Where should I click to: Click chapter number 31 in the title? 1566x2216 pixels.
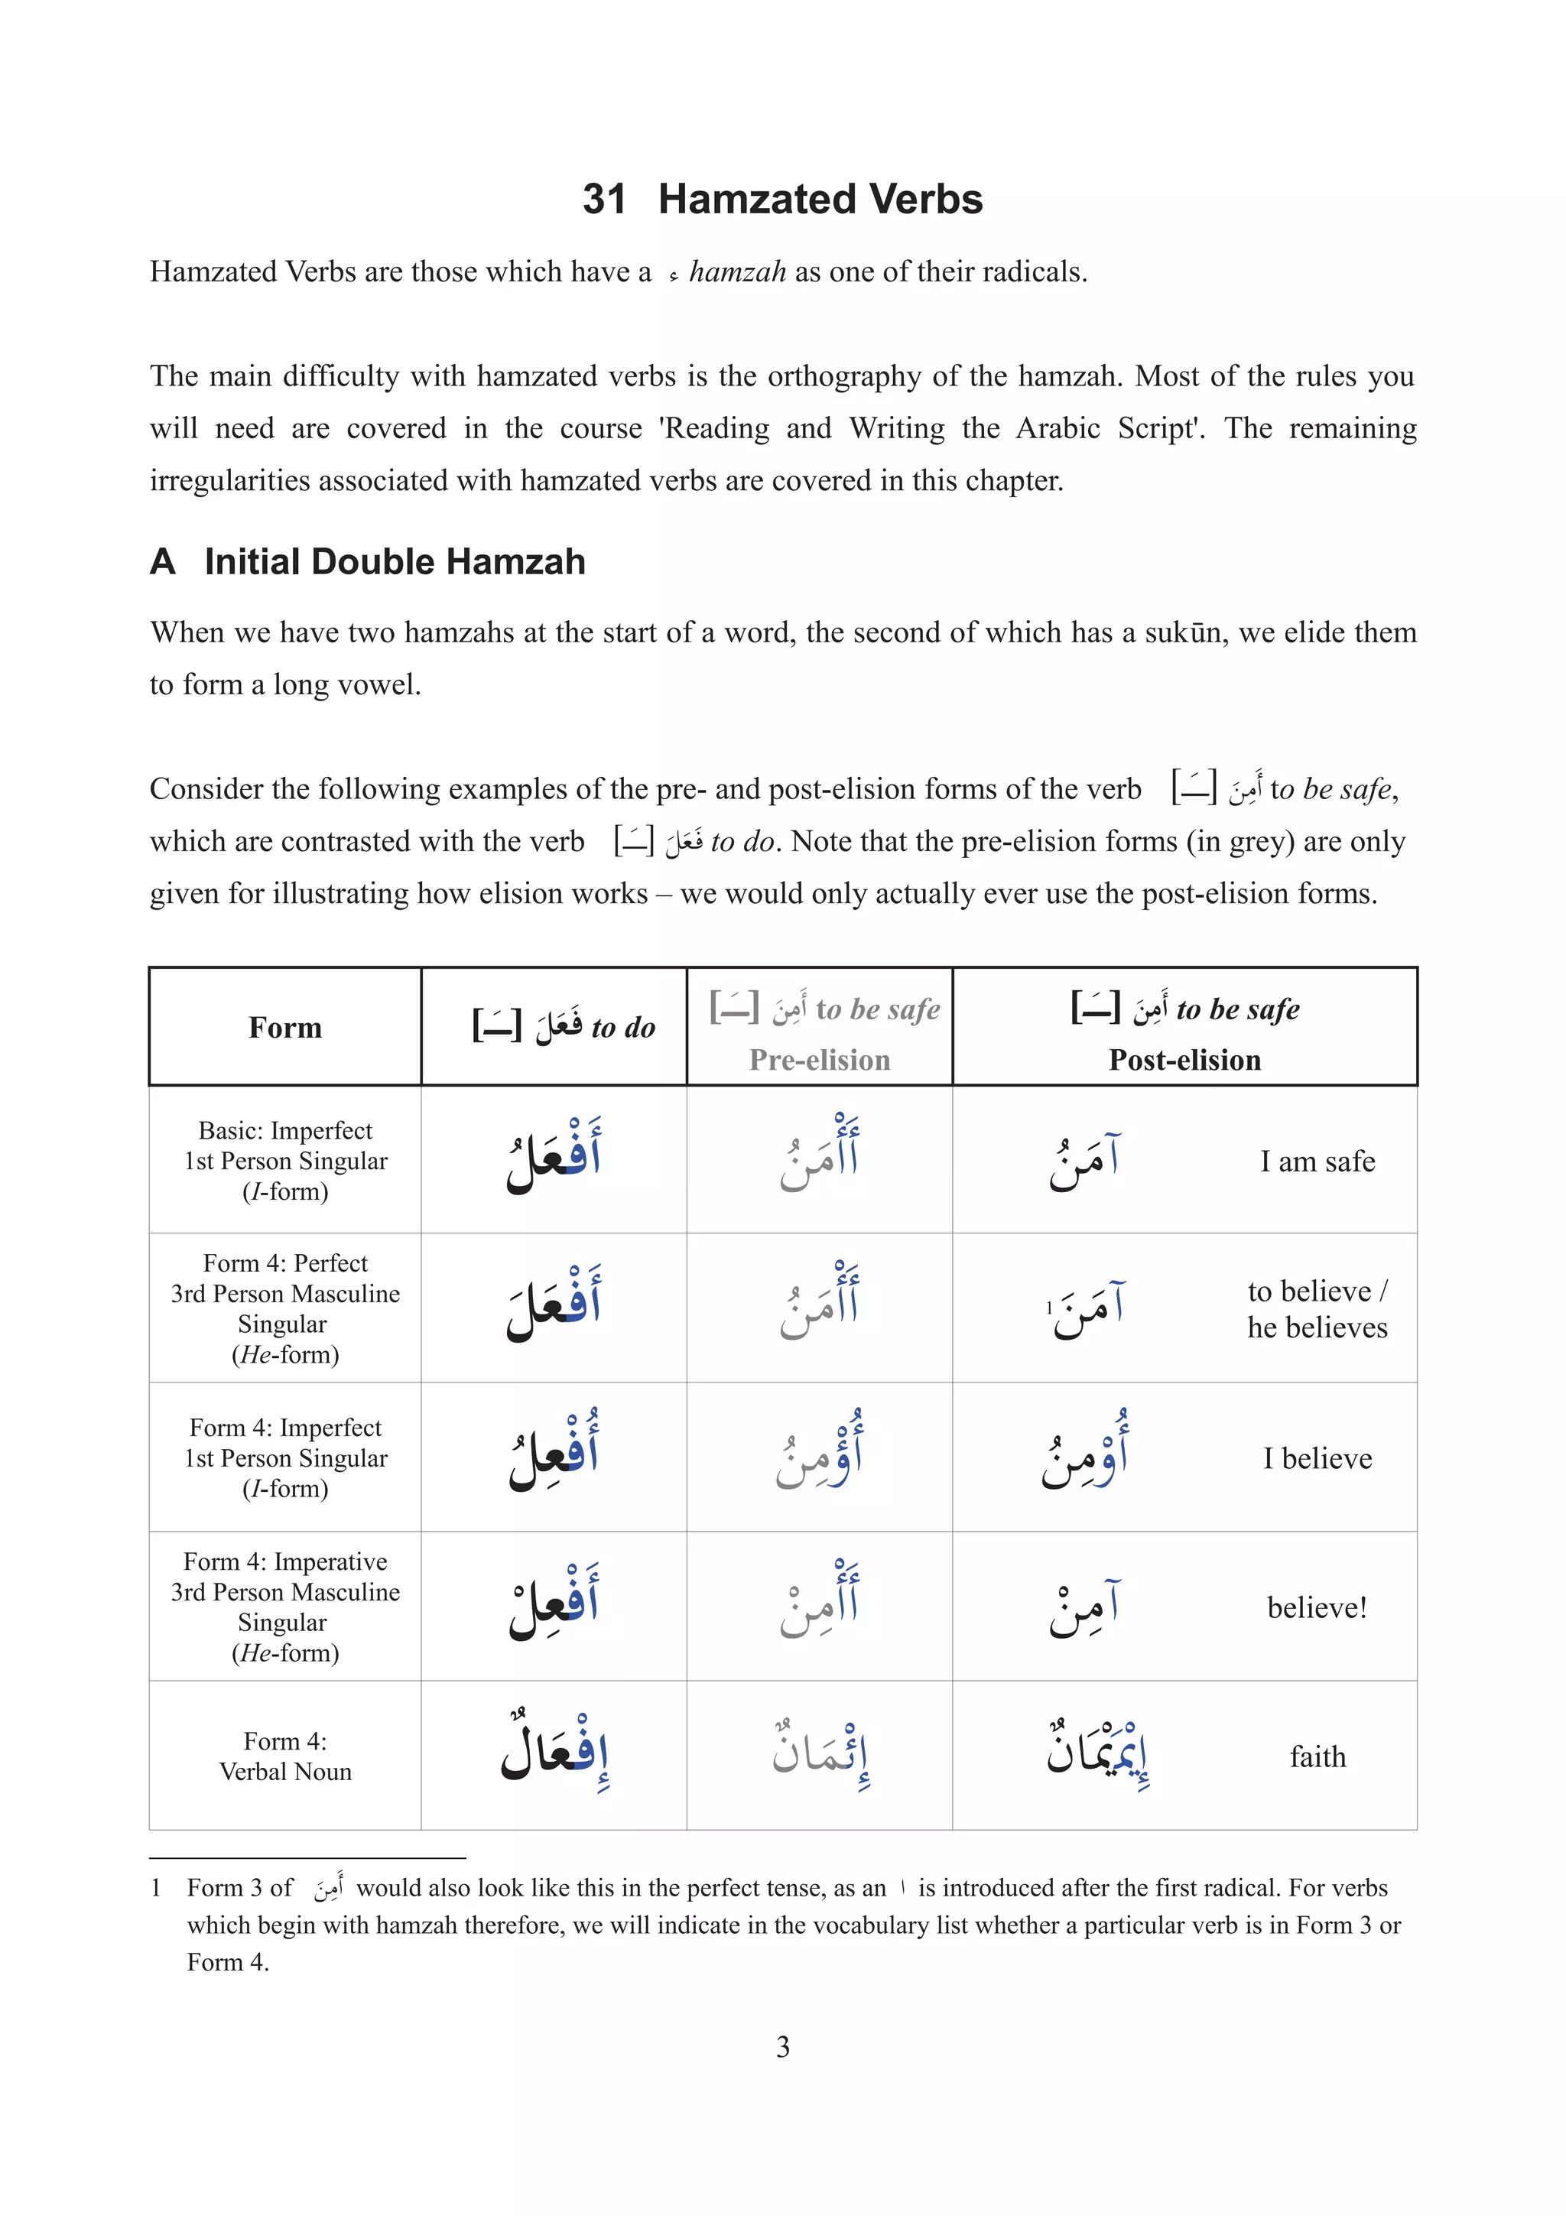pos(604,199)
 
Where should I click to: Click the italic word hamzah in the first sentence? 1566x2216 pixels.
pos(737,272)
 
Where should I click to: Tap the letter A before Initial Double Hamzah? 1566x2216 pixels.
pos(162,562)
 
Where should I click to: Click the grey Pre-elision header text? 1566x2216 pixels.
pos(819,1060)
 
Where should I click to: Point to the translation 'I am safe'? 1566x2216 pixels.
pos(1317,1161)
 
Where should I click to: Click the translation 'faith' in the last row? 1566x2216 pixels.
pos(1317,1756)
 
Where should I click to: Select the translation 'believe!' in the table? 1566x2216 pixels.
pos(1317,1608)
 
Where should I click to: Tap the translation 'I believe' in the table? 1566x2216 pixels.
pos(1317,1458)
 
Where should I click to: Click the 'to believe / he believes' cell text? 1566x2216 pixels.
pos(1317,1309)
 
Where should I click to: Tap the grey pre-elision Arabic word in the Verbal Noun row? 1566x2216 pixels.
pos(820,1755)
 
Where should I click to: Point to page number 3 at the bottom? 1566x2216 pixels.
pos(782,2047)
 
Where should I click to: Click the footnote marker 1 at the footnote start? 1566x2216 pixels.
pos(155,1888)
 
